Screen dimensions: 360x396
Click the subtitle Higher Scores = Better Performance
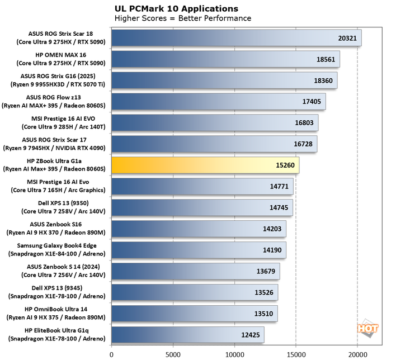(x=182, y=18)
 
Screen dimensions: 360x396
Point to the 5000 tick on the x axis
(x=173, y=354)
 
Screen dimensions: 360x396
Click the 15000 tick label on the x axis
(x=296, y=354)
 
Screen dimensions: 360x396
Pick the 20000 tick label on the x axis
(x=357, y=354)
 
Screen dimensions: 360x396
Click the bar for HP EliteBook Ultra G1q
(x=187, y=335)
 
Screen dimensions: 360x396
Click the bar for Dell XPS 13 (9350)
(x=202, y=207)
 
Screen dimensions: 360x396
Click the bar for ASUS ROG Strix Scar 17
(x=214, y=144)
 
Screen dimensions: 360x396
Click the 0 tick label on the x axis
(x=112, y=354)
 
